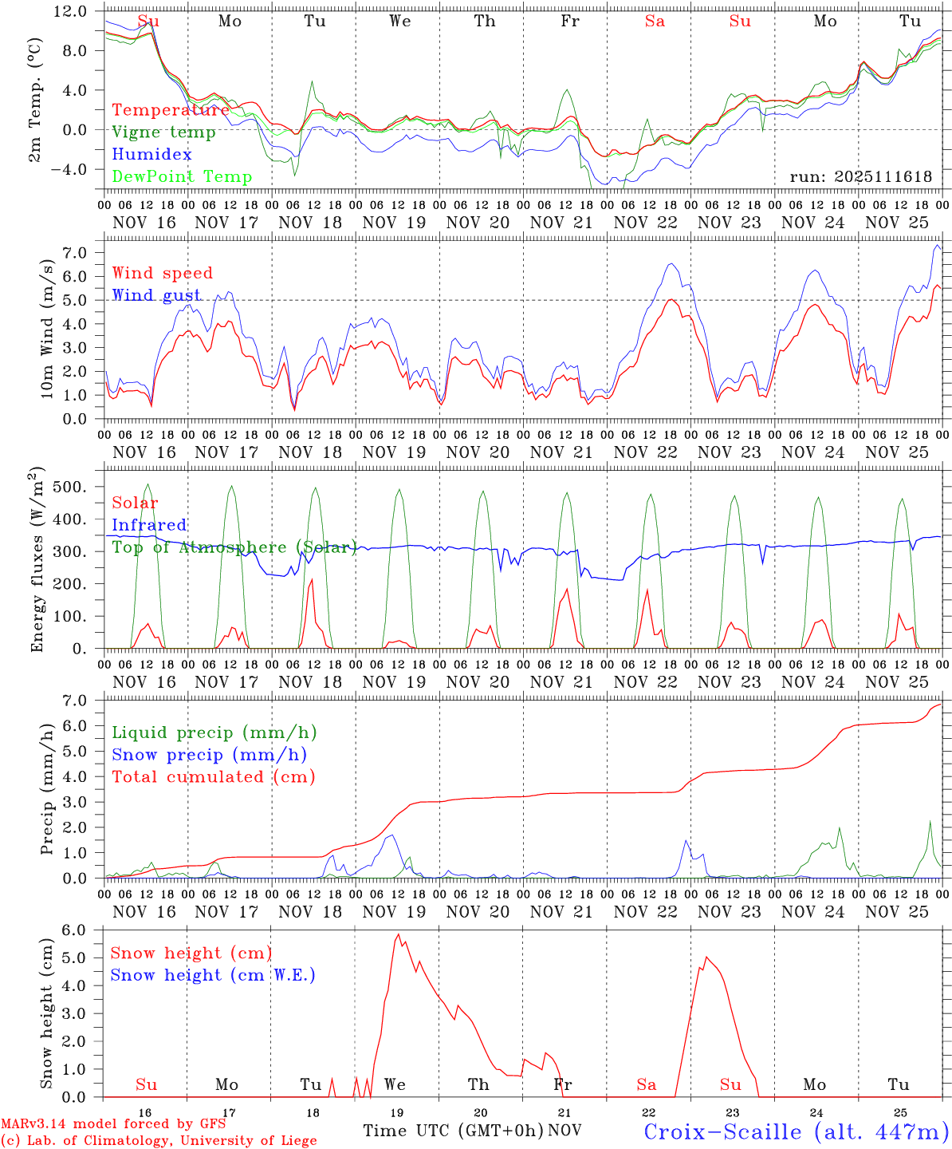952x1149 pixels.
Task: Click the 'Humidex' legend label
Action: [152, 155]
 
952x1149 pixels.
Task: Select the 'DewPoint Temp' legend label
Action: [182, 177]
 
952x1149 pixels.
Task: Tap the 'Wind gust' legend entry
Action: [156, 295]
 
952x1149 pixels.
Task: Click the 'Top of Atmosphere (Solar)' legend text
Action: [234, 547]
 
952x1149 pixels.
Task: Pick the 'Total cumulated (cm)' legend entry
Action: [214, 776]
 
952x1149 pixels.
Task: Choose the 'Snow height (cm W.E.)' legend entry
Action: [213, 975]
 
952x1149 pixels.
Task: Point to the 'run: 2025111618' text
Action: [860, 177]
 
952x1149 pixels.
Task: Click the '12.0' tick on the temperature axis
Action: [71, 11]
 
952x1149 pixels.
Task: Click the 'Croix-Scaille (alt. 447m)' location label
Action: [796, 1131]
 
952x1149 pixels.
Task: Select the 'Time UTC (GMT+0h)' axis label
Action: [453, 1130]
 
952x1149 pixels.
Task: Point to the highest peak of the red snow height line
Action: [398, 934]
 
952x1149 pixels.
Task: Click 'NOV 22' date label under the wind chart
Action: [645, 452]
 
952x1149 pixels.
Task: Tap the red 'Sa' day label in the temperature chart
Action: [655, 22]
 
